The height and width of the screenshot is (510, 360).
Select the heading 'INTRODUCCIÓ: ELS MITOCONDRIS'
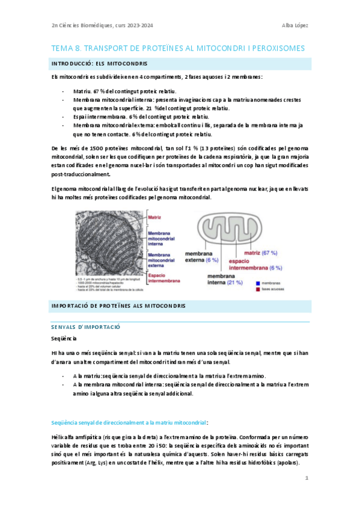coord(100,63)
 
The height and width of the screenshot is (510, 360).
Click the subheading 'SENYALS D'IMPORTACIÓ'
coord(87,326)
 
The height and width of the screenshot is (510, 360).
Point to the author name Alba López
coord(294,25)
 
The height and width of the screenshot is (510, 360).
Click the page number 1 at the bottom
coord(306,478)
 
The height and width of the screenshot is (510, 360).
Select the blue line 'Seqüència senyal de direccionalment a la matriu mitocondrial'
coord(130,407)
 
